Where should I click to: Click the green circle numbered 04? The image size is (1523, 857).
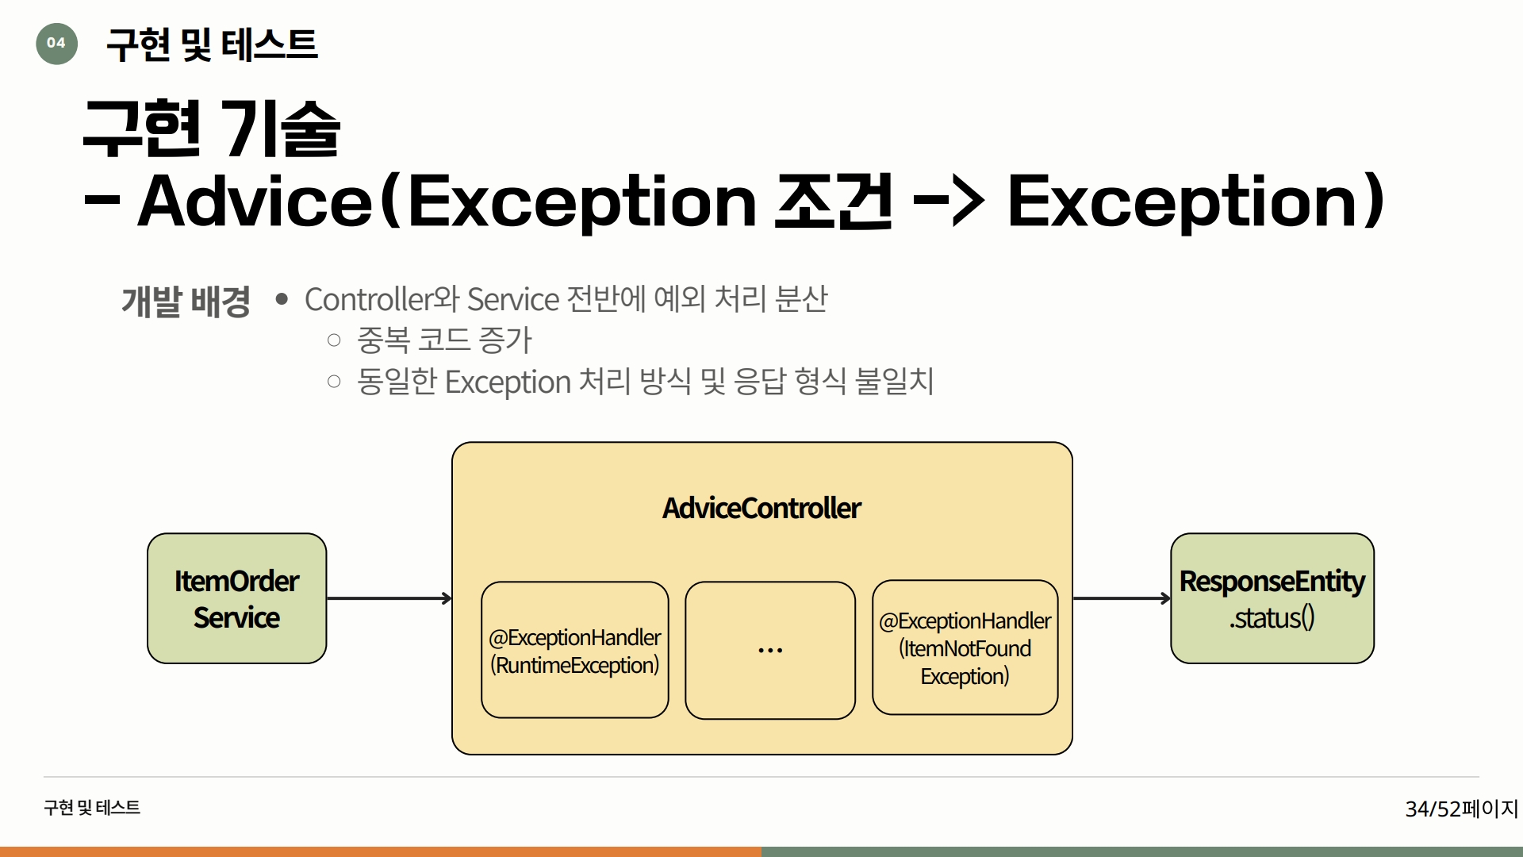point(56,44)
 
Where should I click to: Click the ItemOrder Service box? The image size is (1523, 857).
point(236,598)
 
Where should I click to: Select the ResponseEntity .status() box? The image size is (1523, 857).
point(1272,598)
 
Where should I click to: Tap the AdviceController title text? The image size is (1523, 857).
point(761,508)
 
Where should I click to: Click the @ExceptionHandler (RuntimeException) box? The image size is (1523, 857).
point(575,650)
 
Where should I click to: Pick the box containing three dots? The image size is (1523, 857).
point(770,651)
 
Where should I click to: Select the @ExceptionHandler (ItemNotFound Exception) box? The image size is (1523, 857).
point(965,648)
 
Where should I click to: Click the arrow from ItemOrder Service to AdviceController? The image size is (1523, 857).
point(389,598)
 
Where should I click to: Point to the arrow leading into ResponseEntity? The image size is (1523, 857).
point(1122,598)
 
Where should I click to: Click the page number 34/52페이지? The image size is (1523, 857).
point(1461,809)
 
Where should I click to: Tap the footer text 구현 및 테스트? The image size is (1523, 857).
point(92,808)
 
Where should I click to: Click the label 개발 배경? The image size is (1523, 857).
point(186,302)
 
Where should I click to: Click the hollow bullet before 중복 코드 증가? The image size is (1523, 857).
point(334,340)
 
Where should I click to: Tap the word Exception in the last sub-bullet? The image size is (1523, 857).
point(508,382)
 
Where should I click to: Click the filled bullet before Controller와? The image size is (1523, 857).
point(282,299)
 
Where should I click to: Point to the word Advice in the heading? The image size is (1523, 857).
point(255,202)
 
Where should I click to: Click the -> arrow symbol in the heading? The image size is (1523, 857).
point(949,202)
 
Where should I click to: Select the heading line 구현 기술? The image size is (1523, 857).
point(212,129)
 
